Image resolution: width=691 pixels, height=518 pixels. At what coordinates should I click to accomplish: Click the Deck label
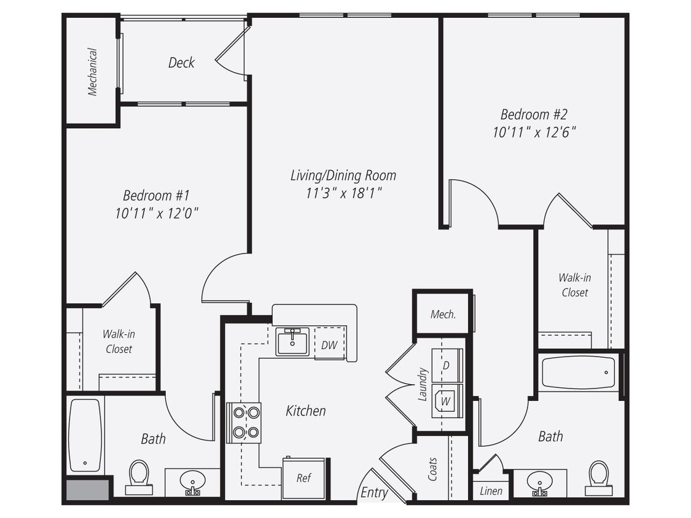coord(181,63)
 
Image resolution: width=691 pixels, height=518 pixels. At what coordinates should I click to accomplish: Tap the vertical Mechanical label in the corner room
coord(92,72)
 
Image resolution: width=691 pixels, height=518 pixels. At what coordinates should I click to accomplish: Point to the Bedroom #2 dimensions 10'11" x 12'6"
coord(534,132)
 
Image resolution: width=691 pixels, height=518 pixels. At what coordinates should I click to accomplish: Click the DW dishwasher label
coord(329,345)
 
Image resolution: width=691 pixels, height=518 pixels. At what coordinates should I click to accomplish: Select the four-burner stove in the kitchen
coord(244,423)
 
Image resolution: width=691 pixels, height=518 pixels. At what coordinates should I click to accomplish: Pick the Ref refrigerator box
coord(303,478)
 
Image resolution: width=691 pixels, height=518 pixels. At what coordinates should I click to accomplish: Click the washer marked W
coord(447,401)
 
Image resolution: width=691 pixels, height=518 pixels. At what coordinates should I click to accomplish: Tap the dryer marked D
coord(447,365)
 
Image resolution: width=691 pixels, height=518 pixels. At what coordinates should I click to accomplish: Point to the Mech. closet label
coord(443,314)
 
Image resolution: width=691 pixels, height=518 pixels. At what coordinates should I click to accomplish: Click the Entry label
coord(374,493)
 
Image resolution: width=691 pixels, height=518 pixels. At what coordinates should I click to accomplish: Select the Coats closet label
coord(432,469)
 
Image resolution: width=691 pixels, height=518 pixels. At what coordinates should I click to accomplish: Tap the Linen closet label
coord(491,491)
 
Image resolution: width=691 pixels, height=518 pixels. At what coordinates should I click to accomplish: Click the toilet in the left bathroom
coord(139,476)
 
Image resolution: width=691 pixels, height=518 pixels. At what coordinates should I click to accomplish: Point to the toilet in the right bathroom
coord(598,476)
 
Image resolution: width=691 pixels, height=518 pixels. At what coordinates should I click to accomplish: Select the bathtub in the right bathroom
coord(578,372)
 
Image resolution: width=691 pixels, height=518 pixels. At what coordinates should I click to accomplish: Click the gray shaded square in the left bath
coord(87,490)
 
